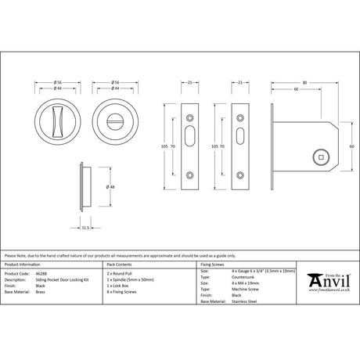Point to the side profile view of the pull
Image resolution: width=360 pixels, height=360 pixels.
pos(85,188)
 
